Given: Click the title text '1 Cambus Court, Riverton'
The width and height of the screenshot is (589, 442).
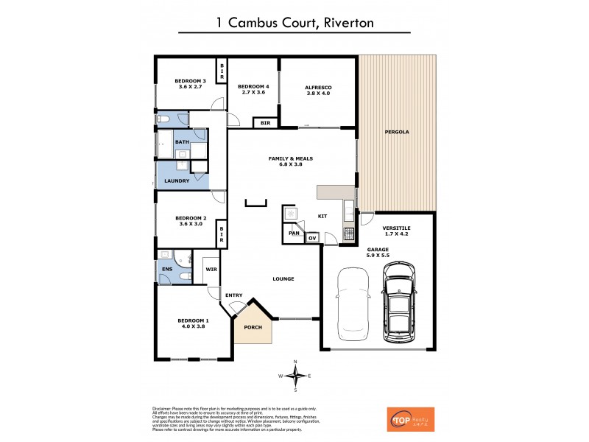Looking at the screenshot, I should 294,23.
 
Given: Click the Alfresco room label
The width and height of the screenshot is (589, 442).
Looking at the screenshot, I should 319,91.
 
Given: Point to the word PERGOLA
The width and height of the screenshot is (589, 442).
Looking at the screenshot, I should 397,133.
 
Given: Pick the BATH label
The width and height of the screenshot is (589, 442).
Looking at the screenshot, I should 182,141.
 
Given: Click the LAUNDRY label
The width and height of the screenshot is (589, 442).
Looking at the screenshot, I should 177,180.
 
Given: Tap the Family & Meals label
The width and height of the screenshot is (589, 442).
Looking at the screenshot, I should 292,161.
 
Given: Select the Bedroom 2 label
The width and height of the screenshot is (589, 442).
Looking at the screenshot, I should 190,220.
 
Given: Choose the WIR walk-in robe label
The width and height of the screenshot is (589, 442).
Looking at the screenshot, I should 210,270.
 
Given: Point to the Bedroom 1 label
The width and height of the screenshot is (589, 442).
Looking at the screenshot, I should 193,323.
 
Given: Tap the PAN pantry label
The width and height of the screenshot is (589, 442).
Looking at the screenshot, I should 294,232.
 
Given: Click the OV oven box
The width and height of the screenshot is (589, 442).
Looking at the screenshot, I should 312,238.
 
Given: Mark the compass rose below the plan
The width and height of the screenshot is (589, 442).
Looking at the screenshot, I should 295,376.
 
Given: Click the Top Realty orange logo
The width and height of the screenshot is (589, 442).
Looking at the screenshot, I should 410,418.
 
